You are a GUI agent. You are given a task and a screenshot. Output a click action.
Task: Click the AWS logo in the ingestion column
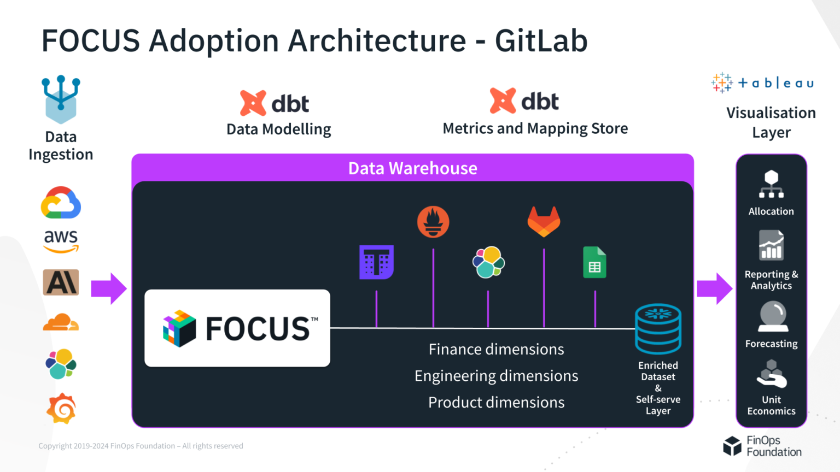[x=61, y=241]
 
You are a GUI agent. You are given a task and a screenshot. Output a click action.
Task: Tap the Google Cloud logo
[x=61, y=203]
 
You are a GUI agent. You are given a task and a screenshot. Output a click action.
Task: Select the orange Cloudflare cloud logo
[x=61, y=323]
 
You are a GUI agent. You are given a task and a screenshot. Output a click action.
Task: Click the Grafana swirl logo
[x=61, y=408]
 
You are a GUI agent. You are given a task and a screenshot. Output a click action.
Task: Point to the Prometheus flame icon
[x=433, y=222]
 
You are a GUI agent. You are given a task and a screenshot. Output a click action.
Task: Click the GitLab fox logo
[x=544, y=221]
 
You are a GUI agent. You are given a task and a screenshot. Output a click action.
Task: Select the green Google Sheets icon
[x=594, y=263]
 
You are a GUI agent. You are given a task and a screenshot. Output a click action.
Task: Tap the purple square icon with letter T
[x=376, y=262]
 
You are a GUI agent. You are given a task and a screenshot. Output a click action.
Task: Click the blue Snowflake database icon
[x=658, y=328]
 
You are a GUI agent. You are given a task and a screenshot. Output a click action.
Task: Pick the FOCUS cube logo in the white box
[x=179, y=328]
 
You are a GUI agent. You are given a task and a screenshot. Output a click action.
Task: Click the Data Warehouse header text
[x=412, y=168]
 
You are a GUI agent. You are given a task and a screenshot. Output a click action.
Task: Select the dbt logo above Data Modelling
[x=275, y=103]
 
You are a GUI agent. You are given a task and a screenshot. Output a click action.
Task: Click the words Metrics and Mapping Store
[x=535, y=128]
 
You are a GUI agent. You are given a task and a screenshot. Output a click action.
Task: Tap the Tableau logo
[x=763, y=83]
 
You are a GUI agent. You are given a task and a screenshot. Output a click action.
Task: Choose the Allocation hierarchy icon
[x=771, y=185]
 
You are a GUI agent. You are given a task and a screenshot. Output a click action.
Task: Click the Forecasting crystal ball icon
[x=773, y=317]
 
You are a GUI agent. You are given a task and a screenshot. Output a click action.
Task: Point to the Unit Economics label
[x=771, y=405]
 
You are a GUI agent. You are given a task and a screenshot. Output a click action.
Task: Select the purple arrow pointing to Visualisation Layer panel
[x=714, y=288]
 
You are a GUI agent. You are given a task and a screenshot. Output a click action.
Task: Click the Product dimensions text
[x=496, y=402]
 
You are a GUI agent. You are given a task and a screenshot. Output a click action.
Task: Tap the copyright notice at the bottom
[x=141, y=446]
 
